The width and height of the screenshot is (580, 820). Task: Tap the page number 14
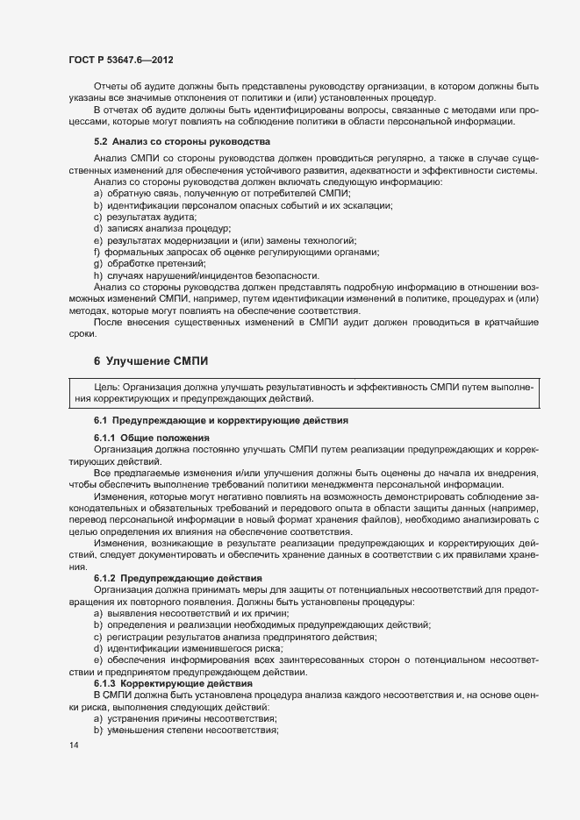pos(73,745)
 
